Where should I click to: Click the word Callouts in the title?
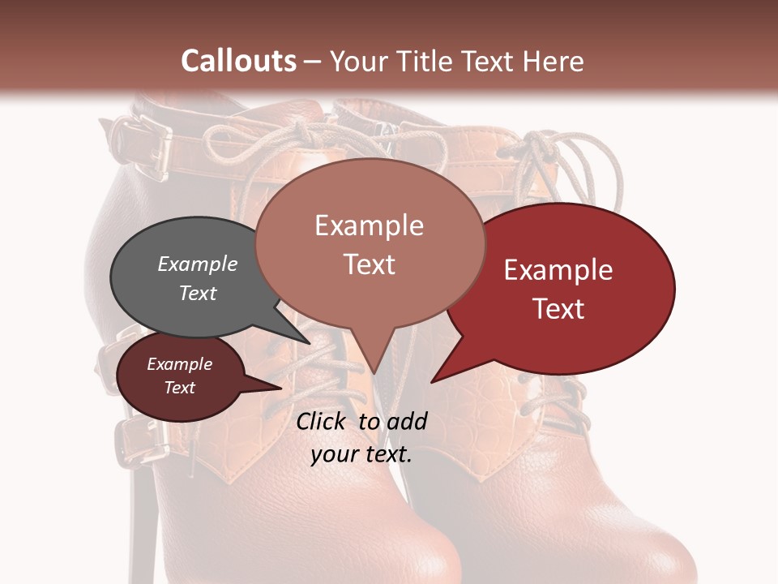pos(238,61)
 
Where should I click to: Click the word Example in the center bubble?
pos(369,225)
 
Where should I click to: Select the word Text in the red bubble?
pos(558,309)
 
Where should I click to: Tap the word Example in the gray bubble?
pos(197,264)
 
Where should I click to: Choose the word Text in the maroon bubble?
pos(180,388)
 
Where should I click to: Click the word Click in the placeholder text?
pos(321,421)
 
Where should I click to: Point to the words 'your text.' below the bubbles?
pos(361,454)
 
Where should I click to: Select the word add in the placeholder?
pos(407,421)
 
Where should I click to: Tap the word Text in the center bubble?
pos(370,264)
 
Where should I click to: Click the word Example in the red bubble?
pos(558,270)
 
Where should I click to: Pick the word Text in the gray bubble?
pos(197,293)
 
